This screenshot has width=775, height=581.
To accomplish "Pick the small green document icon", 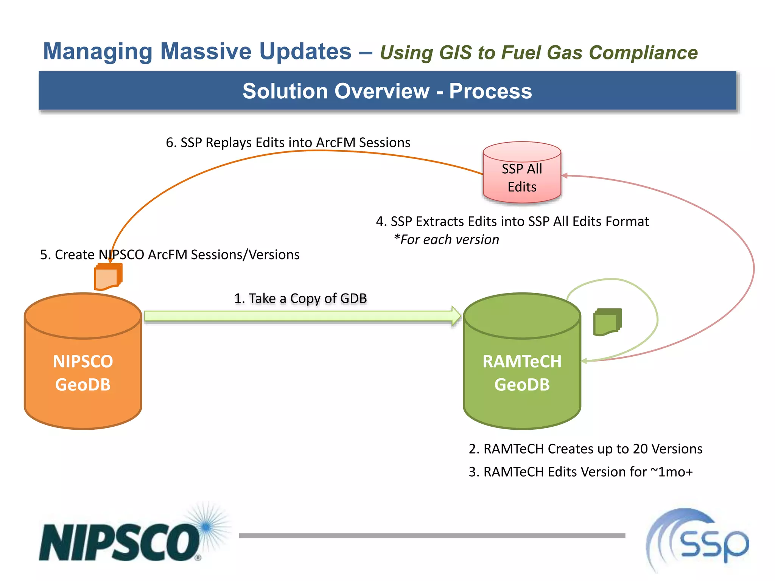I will pyautogui.click(x=607, y=322).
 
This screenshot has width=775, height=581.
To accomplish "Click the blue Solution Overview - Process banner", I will pyautogui.click(x=387, y=91).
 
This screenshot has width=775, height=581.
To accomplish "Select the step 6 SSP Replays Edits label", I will pyautogui.click(x=288, y=143).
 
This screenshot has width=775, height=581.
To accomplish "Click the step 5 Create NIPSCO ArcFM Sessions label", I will pyautogui.click(x=170, y=255).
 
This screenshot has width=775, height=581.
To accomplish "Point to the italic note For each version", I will pyautogui.click(x=447, y=239).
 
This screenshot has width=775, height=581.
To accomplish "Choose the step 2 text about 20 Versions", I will pyautogui.click(x=585, y=449).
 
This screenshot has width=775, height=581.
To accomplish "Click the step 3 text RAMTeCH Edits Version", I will pyautogui.click(x=580, y=472).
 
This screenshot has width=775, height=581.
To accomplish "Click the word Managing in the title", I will pyautogui.click(x=98, y=51).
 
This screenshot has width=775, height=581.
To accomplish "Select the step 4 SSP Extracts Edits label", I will pyautogui.click(x=512, y=221).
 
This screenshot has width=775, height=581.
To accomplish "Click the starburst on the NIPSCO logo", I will pyautogui.click(x=206, y=527).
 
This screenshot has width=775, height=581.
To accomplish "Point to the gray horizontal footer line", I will pyautogui.click(x=431, y=536).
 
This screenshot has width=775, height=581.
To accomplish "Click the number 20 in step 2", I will pyautogui.click(x=640, y=449).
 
